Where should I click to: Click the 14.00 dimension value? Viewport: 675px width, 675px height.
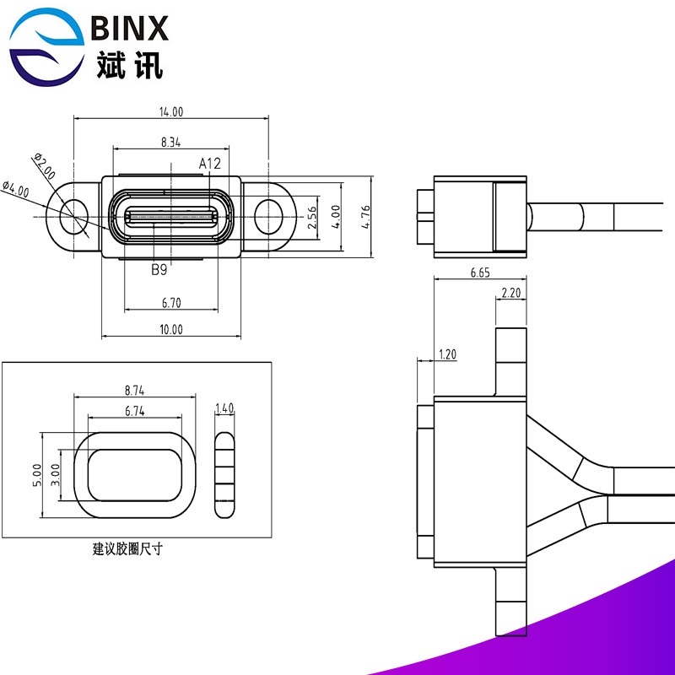(x=171, y=112)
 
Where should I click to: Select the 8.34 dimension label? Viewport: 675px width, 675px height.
(x=171, y=142)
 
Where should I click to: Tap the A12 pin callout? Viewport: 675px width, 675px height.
(x=209, y=164)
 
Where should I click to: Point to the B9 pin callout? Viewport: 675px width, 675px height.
(x=159, y=269)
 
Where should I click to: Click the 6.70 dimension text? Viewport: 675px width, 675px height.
(x=171, y=303)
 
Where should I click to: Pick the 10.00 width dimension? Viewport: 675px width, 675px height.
(x=171, y=330)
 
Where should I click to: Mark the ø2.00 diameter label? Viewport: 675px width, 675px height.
(x=45, y=166)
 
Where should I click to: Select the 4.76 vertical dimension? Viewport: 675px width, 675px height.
(x=365, y=217)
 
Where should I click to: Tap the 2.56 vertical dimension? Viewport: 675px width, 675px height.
(x=312, y=218)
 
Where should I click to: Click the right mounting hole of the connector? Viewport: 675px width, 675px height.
(x=268, y=217)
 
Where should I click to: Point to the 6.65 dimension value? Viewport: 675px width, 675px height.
(x=480, y=273)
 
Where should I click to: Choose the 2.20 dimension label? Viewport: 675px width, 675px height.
(x=511, y=293)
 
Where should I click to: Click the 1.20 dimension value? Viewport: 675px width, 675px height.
(x=447, y=354)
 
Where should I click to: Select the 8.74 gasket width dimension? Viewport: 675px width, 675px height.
(x=135, y=391)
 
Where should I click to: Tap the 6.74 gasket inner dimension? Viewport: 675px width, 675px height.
(x=135, y=411)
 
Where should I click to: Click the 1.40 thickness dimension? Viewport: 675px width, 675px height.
(x=224, y=408)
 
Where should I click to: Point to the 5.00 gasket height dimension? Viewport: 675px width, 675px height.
(x=37, y=475)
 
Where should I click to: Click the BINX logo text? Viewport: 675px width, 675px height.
(x=130, y=29)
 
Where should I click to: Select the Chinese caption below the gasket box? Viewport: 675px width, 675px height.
(x=128, y=549)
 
